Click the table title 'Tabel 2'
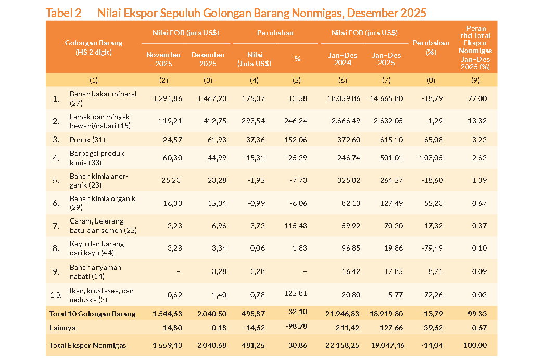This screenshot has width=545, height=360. pos(64,13)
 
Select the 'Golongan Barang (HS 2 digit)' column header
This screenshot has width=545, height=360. pos(94,47)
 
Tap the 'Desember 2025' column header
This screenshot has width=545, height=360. pos(208,59)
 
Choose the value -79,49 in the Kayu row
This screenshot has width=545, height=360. pos(430,249)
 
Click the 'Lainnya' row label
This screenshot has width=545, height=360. pos(63,328)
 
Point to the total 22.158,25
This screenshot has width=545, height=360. pos(343,345)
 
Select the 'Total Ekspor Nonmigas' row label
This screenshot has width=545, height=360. pos(87,345)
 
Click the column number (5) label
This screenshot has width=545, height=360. pos(297,80)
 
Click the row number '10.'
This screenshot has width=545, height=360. pos(56,295)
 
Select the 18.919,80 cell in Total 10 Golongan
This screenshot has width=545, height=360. pos(386,314)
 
